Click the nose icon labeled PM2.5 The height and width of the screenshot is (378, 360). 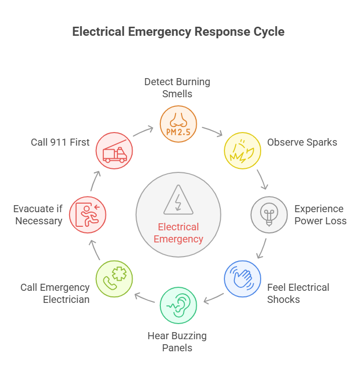click(178, 124)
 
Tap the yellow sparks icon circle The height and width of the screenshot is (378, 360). click(242, 150)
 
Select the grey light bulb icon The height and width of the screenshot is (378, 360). click(269, 215)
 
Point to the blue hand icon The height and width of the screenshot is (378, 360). click(243, 279)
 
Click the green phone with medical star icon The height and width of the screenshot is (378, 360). click(114, 279)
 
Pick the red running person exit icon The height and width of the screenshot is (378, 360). click(88, 215)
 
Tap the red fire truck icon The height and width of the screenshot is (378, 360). click(114, 150)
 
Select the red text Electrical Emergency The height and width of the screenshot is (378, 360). click(178, 233)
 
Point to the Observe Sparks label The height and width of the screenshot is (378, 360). click(302, 142)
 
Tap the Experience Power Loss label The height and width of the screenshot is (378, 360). click(320, 215)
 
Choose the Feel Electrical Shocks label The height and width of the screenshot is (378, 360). click(297, 293)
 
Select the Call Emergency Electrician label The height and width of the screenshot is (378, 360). click(55, 293)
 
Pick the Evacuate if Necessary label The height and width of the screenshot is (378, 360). click(38, 215)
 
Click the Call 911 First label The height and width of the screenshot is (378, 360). click(60, 142)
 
